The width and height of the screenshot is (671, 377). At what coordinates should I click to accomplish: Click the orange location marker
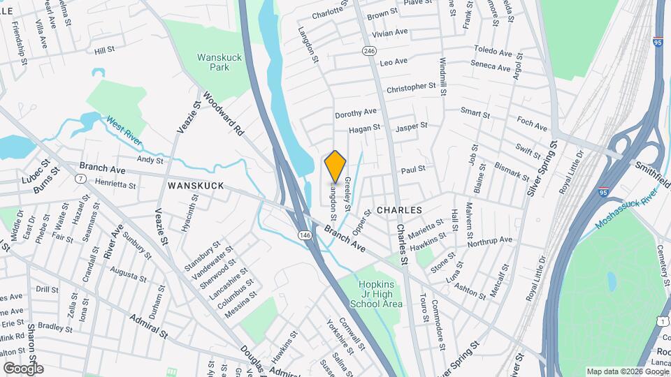click(335, 166)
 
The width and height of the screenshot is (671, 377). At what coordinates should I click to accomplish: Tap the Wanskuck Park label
click(213, 62)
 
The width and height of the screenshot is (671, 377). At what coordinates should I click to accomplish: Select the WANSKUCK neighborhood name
click(195, 186)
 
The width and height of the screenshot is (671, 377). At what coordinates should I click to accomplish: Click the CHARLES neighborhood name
click(399, 209)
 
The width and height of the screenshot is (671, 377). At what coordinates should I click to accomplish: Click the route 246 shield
click(370, 51)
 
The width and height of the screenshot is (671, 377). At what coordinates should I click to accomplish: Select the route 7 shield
click(82, 179)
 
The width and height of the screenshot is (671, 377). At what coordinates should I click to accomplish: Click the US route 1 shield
click(661, 320)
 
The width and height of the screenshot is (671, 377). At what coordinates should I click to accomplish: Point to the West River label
click(124, 131)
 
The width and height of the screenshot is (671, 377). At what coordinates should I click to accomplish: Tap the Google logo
click(23, 368)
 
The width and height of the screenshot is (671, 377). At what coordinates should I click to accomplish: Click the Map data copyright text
click(626, 371)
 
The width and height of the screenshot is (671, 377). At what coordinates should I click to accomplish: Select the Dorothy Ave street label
click(355, 112)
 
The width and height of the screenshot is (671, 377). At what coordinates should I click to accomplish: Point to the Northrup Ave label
click(490, 241)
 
